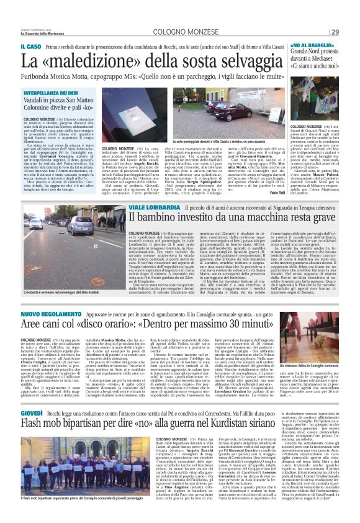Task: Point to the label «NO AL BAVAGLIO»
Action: click(300, 45)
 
